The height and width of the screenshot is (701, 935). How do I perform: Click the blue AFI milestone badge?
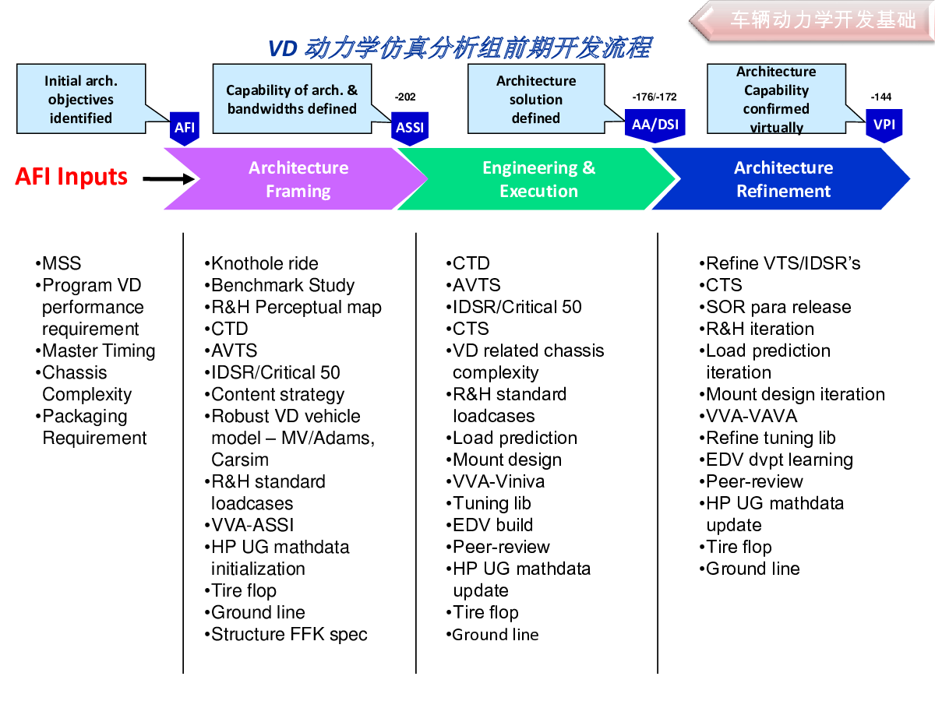pyautogui.click(x=185, y=129)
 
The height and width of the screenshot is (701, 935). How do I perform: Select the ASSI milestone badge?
pyautogui.click(x=410, y=129)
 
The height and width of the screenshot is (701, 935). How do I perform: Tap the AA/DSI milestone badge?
pyautogui.click(x=654, y=125)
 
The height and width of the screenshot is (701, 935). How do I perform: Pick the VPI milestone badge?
pyautogui.click(x=884, y=125)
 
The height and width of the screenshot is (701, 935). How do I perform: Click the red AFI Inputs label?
pyautogui.click(x=71, y=177)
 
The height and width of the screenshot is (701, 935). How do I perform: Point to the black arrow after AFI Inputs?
pyautogui.click(x=168, y=179)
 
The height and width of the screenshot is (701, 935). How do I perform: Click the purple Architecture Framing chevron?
pyautogui.click(x=295, y=179)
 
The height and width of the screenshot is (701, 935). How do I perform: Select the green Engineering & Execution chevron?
pyautogui.click(x=538, y=179)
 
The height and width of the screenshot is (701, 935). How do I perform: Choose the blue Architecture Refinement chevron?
pyautogui.click(x=782, y=179)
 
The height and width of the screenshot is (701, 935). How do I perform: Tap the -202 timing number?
pyautogui.click(x=405, y=97)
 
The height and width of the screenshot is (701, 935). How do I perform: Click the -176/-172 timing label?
pyautogui.click(x=654, y=97)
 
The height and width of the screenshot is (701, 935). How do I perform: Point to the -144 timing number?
pyautogui.click(x=881, y=97)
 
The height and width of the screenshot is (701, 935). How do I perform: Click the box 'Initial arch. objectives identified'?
pyautogui.click(x=81, y=99)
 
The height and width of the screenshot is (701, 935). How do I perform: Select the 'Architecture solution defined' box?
pyautogui.click(x=536, y=99)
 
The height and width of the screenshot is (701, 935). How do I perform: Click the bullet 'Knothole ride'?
pyautogui.click(x=262, y=263)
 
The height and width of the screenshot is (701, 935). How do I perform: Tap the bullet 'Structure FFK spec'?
pyautogui.click(x=286, y=635)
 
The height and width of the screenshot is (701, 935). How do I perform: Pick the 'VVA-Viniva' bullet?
pyautogui.click(x=496, y=482)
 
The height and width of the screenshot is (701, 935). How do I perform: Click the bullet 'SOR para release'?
pyautogui.click(x=775, y=307)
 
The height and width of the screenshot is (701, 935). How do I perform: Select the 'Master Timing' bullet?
pyautogui.click(x=95, y=351)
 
